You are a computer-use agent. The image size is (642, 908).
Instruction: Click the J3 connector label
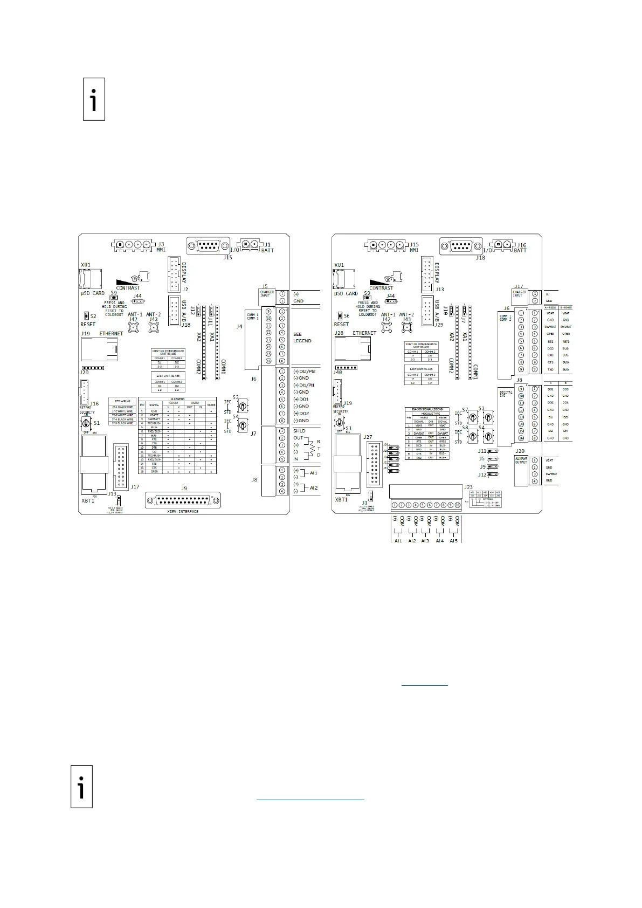click(161, 245)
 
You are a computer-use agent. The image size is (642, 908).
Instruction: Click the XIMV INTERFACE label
click(183, 511)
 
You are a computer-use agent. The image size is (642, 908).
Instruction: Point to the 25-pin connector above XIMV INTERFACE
click(184, 500)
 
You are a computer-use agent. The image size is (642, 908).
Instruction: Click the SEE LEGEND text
click(302, 338)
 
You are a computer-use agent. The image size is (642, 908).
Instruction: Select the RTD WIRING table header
click(122, 401)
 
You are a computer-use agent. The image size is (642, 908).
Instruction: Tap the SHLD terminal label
click(299, 431)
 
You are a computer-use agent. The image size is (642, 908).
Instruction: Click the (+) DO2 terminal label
click(301, 413)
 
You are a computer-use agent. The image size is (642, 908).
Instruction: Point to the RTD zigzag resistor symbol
click(309, 449)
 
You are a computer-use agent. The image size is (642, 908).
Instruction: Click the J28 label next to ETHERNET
click(339, 333)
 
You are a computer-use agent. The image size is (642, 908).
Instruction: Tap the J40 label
click(337, 372)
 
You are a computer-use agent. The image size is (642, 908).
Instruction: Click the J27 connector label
click(368, 437)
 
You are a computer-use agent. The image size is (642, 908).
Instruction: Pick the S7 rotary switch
click(473, 417)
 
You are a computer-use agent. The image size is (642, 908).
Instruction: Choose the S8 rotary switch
click(473, 436)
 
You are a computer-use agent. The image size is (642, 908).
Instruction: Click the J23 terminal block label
click(468, 487)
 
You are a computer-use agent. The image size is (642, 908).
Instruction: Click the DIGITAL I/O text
click(506, 394)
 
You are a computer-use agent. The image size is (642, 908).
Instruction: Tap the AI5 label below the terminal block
click(453, 540)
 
